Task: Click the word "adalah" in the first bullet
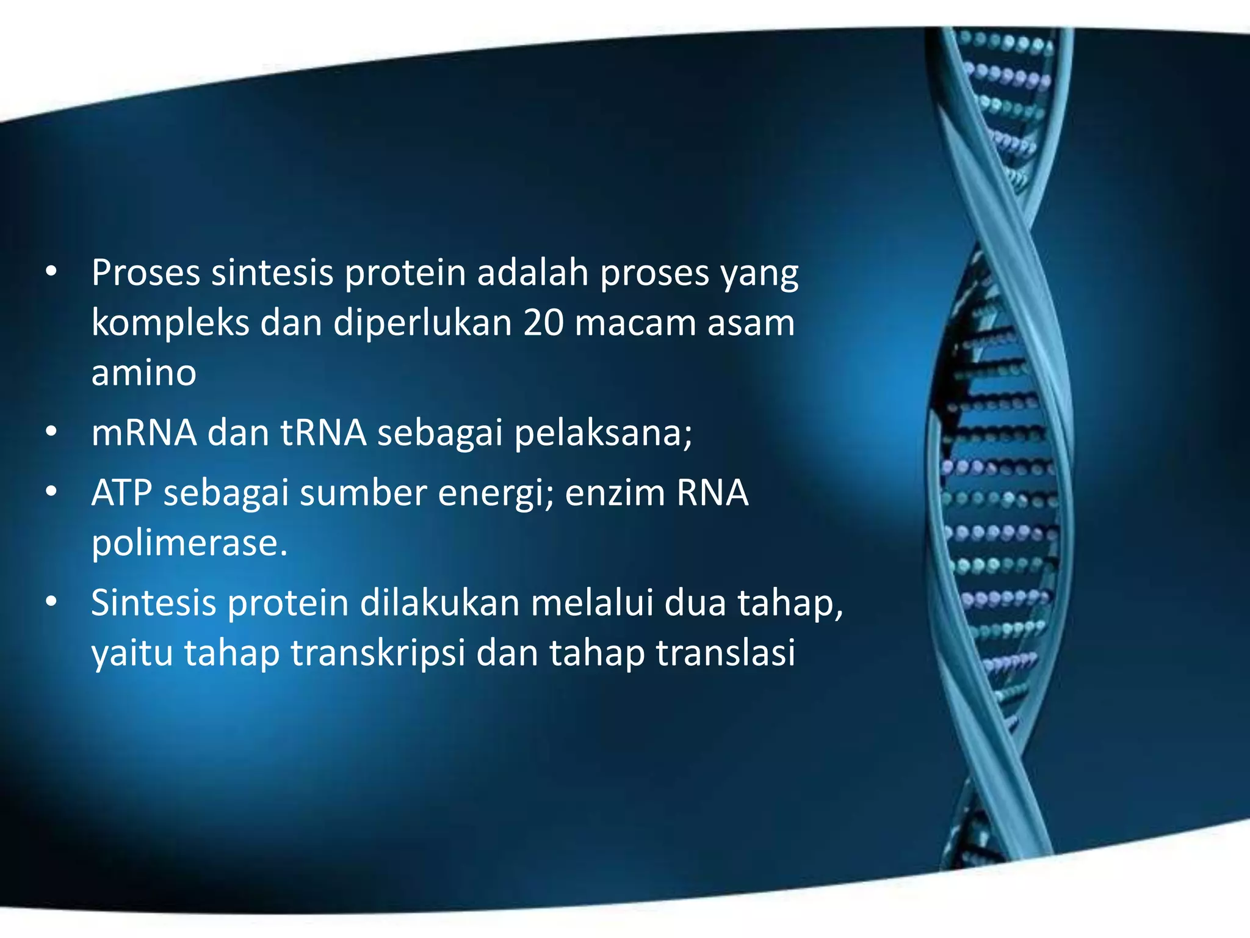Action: [532, 272]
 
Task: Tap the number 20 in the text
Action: [543, 322]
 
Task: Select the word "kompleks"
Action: [170, 324]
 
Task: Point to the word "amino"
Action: [143, 373]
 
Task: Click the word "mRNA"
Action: [144, 432]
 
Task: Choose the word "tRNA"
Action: [323, 432]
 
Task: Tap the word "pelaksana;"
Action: [603, 432]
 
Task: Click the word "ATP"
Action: [121, 493]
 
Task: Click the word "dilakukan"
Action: [439, 603]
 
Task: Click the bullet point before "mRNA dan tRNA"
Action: [51, 432]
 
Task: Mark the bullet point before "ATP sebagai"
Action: [51, 492]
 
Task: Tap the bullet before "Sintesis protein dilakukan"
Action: [51, 602]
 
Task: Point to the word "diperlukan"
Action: [422, 324]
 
